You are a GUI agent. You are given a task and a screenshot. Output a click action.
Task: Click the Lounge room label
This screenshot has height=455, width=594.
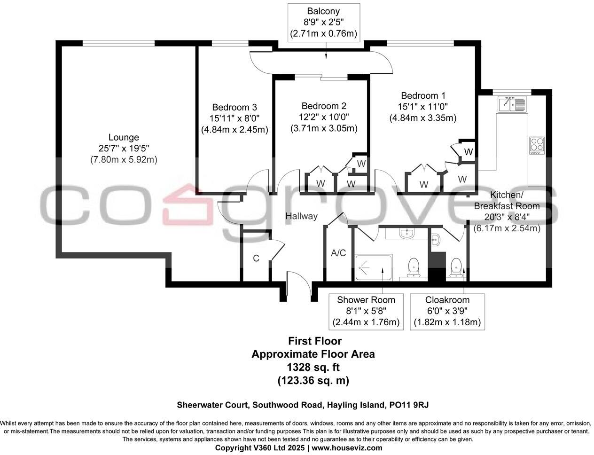click(124, 137)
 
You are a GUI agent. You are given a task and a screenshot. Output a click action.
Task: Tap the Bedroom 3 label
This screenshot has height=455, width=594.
click(234, 107)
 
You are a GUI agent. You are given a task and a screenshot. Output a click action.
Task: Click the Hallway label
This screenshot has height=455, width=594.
click(302, 216)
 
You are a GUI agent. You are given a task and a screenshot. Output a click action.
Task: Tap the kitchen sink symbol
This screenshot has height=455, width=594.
click(513, 104)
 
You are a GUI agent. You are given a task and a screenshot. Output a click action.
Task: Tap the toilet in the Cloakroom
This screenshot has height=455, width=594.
click(455, 268)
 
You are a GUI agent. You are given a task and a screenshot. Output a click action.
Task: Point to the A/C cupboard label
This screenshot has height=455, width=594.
click(338, 253)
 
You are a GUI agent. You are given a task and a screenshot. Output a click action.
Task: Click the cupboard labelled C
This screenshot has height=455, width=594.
click(256, 258)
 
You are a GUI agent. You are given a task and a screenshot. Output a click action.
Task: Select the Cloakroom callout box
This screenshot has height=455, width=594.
click(447, 311)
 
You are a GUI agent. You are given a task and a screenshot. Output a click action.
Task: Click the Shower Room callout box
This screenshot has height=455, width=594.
click(366, 311)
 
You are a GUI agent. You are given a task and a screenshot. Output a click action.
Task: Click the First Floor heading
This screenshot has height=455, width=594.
click(314, 341)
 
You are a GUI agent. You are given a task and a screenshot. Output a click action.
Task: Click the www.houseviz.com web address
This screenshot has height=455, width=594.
click(347, 447)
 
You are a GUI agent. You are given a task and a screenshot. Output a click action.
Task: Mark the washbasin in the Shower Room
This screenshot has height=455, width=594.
click(406, 233)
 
